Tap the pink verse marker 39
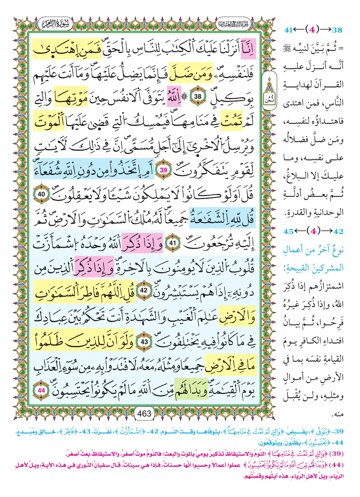click(163, 170)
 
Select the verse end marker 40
click(41, 194)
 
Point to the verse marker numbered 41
click(172, 243)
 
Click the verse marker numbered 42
click(144, 291)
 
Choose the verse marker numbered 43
click(144, 342)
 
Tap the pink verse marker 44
click(41, 390)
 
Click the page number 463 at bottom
click(145, 413)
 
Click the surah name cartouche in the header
click(55, 24)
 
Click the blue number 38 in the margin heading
click(337, 30)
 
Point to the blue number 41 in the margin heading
click(288, 30)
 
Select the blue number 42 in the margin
click(338, 231)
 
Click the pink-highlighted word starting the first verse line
click(248, 49)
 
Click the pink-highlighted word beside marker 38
click(174, 97)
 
